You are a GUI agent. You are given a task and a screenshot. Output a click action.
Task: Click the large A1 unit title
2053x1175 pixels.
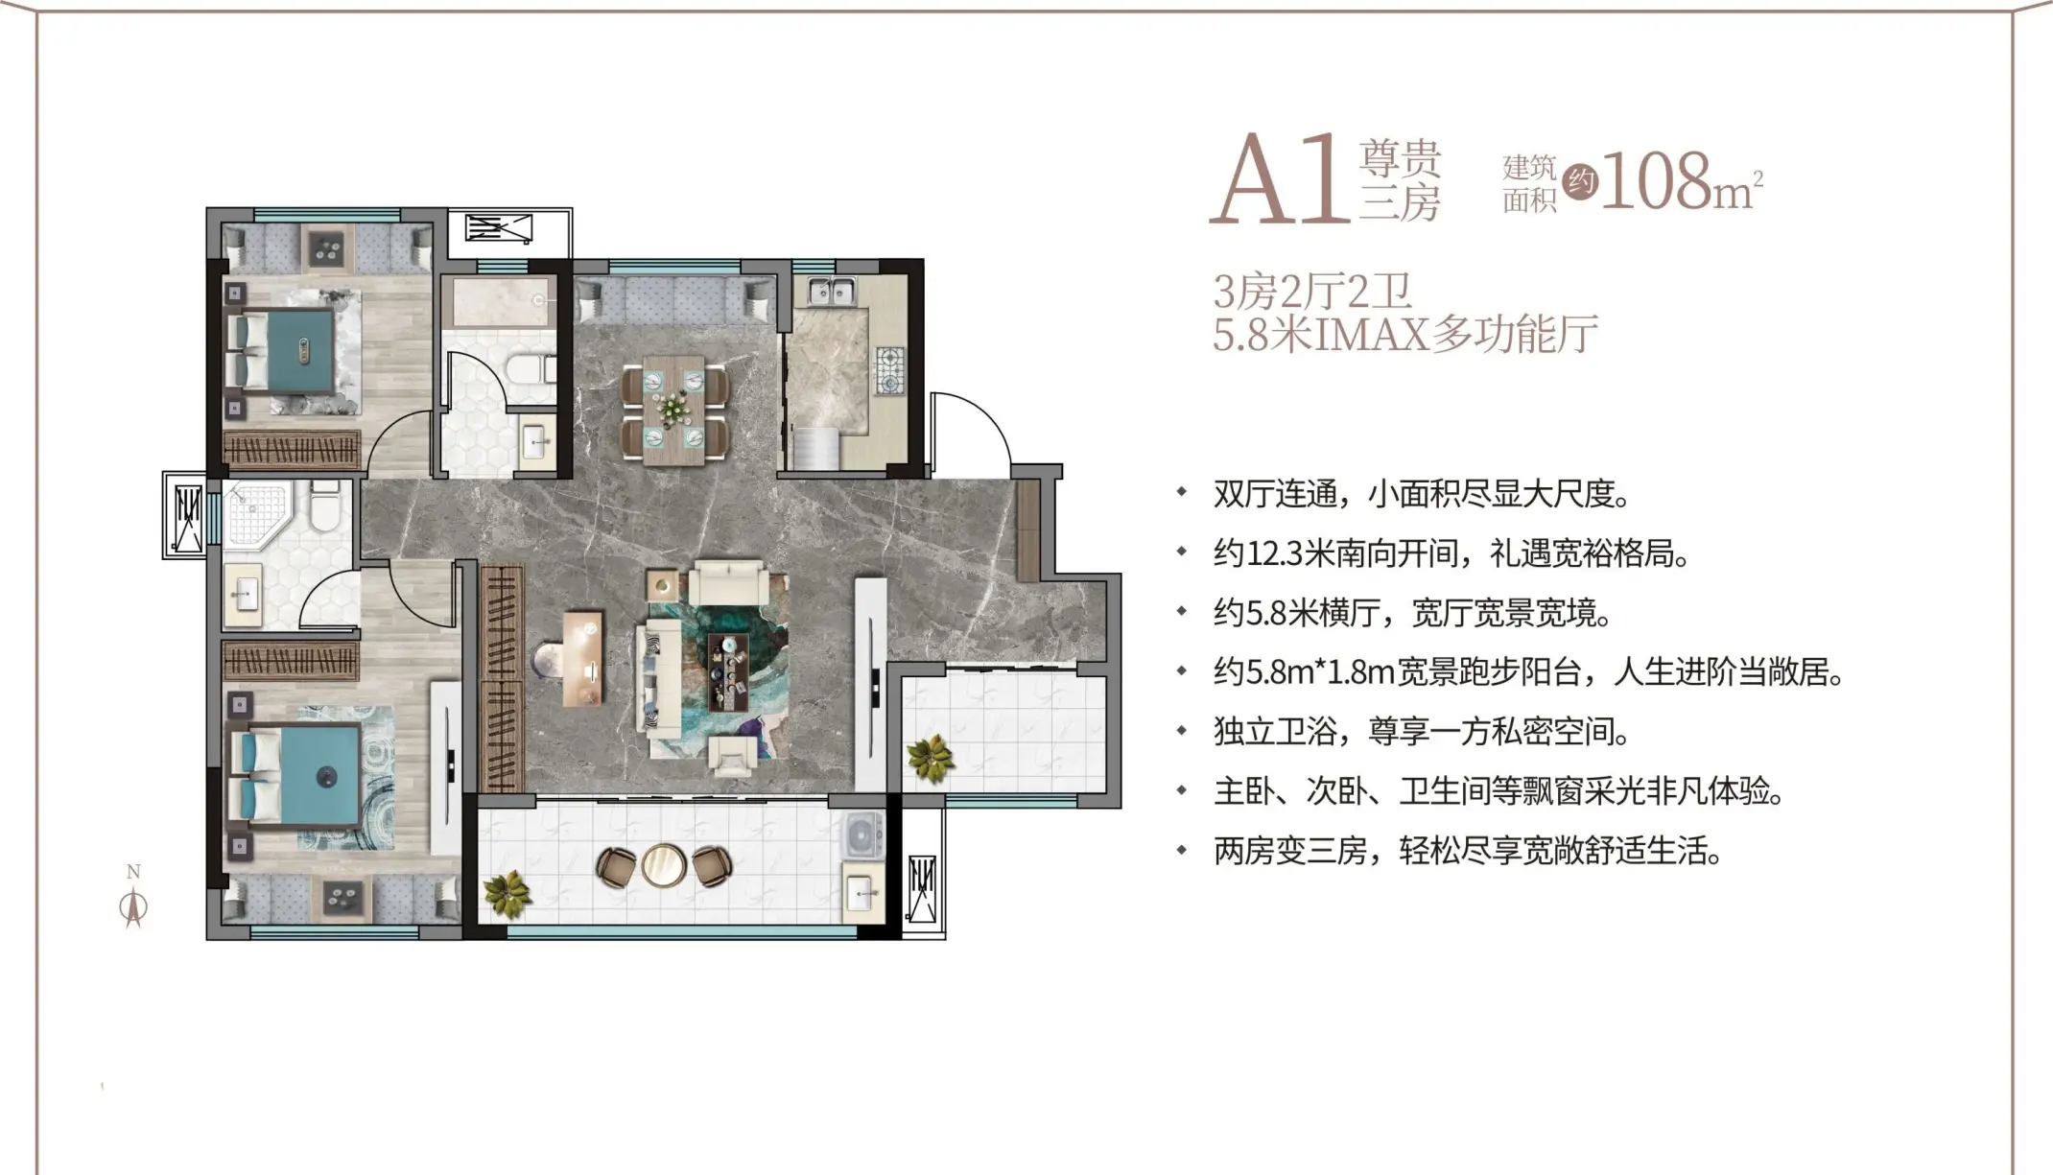[x=1278, y=178]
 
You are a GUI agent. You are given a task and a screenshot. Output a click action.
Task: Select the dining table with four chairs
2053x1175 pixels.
[x=674, y=410]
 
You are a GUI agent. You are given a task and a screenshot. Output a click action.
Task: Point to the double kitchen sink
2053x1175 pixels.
[x=831, y=291]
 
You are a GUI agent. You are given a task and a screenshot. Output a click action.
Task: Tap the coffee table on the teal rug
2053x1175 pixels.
[x=728, y=670]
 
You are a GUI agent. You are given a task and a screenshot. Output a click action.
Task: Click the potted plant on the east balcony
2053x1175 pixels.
[x=930, y=759]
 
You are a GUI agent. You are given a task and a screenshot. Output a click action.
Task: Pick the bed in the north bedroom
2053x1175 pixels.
[x=280, y=352]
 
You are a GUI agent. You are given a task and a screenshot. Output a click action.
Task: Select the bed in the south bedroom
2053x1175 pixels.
[x=294, y=776]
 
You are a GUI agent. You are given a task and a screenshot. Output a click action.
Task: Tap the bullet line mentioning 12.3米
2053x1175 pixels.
[x=1451, y=553]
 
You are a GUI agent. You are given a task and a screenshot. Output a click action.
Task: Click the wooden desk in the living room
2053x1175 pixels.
[x=583, y=659]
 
